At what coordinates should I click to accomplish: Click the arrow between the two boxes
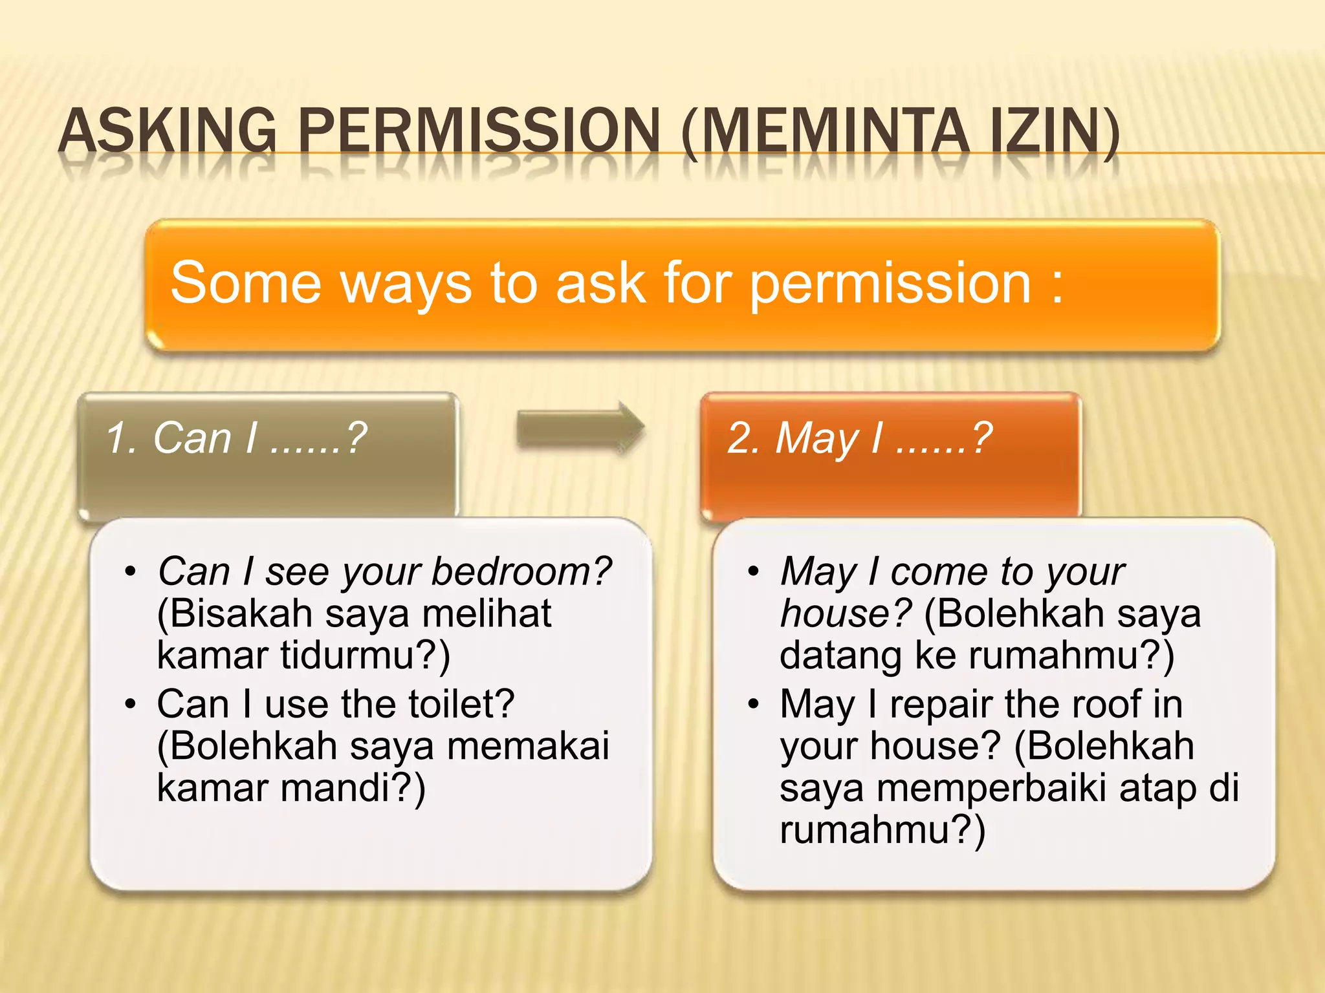tap(580, 428)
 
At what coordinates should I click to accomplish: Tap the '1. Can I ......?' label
tap(236, 438)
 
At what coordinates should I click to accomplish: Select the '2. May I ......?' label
tap(859, 438)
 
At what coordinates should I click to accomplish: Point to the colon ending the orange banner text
tap(1057, 284)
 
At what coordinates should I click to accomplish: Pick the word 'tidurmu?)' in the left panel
tap(365, 655)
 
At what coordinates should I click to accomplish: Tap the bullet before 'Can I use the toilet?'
tap(131, 703)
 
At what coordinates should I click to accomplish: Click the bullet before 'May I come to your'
tap(753, 571)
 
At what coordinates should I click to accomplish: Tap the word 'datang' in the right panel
tap(840, 655)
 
